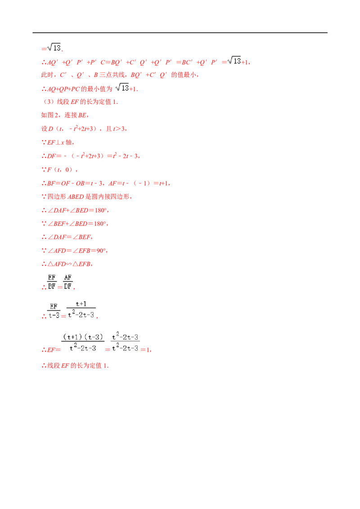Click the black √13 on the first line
tap(54, 47)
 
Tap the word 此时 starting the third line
tap(47, 75)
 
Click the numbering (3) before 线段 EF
tap(49, 102)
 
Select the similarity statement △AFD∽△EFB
tap(69, 264)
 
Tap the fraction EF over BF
tap(52, 282)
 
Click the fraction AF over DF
tap(68, 282)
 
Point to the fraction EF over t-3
tap(54, 311)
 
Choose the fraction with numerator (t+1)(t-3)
tap(83, 343)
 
